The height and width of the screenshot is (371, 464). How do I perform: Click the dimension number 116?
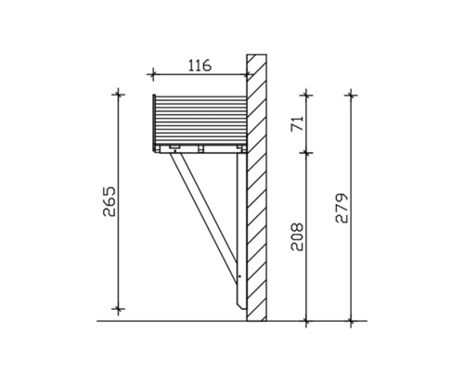point(199,65)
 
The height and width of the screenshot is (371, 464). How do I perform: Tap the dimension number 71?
point(296,123)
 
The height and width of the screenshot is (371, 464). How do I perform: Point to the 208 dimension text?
point(296,238)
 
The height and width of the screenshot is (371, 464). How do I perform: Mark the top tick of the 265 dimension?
point(119,94)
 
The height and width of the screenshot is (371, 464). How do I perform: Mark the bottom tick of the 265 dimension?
point(119,309)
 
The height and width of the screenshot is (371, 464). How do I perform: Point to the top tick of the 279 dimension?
point(351,94)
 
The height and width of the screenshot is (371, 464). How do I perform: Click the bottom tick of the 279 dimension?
point(351,321)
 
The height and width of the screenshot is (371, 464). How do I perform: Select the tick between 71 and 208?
point(307,151)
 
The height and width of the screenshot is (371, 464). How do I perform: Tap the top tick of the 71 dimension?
point(307,94)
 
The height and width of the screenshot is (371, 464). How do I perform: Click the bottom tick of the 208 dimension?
point(307,321)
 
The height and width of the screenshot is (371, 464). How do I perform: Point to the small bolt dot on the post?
point(238,275)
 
